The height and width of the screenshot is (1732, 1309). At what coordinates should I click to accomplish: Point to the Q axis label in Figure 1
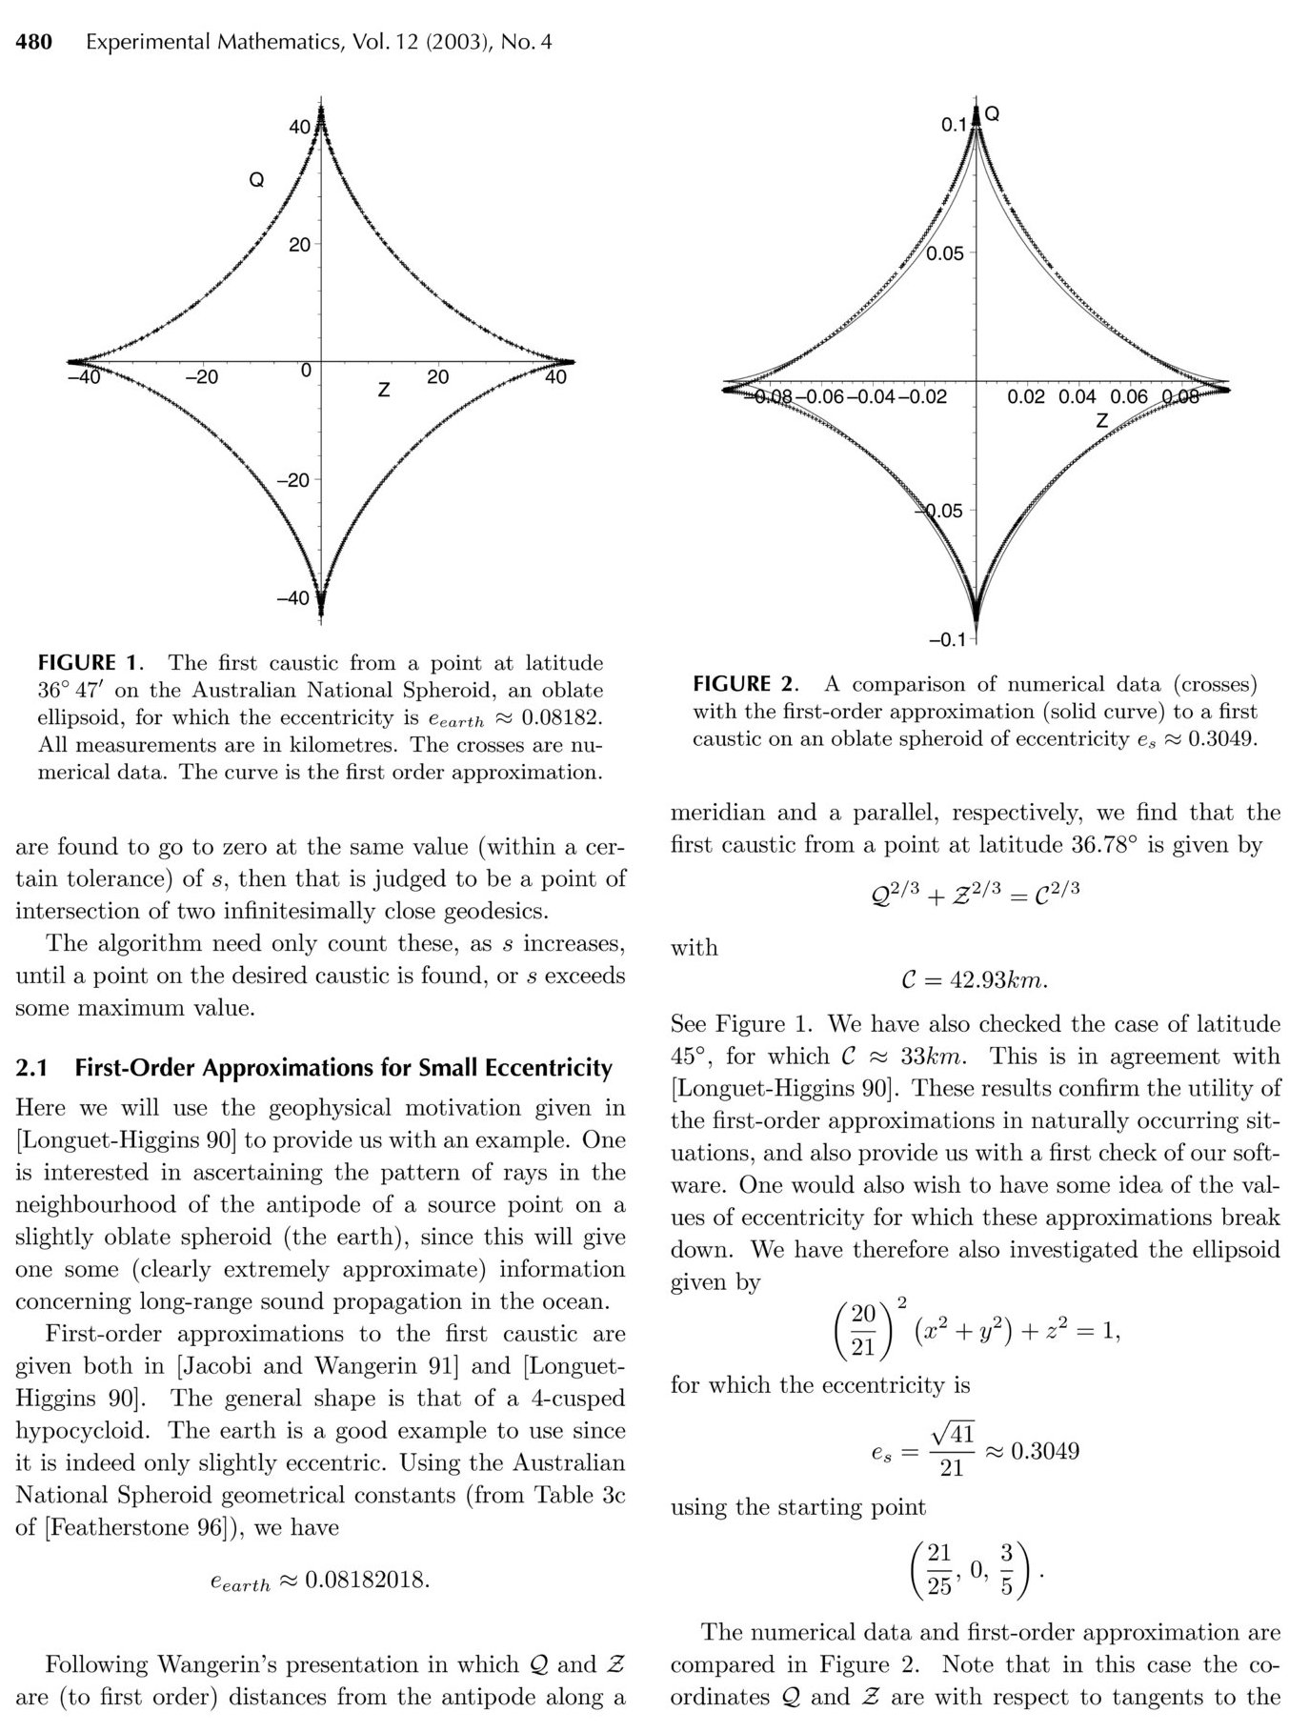256,180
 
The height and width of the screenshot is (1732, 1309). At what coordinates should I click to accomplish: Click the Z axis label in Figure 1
383,391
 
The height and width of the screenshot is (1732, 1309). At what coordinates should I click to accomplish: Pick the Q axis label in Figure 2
992,114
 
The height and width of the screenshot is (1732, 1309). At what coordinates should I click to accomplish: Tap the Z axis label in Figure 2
1102,420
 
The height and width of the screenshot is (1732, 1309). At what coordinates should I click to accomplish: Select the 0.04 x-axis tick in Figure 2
1077,396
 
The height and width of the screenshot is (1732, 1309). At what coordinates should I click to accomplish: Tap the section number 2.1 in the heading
31,1068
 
